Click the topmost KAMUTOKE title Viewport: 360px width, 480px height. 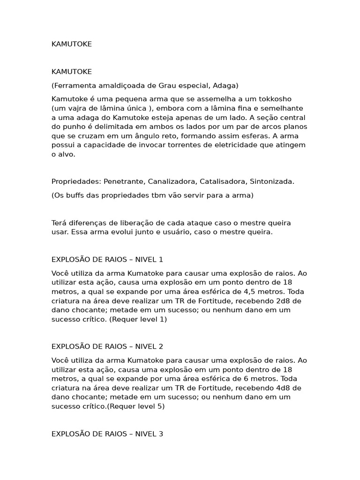[71, 44]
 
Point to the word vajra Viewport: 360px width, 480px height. [75, 108]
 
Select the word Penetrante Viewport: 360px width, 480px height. [122, 181]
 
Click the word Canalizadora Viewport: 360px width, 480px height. [174, 181]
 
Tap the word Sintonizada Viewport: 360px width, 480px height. [272, 181]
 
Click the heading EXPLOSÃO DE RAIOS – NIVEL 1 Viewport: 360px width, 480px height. [107, 260]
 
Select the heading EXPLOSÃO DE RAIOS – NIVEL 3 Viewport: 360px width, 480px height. [107, 434]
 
